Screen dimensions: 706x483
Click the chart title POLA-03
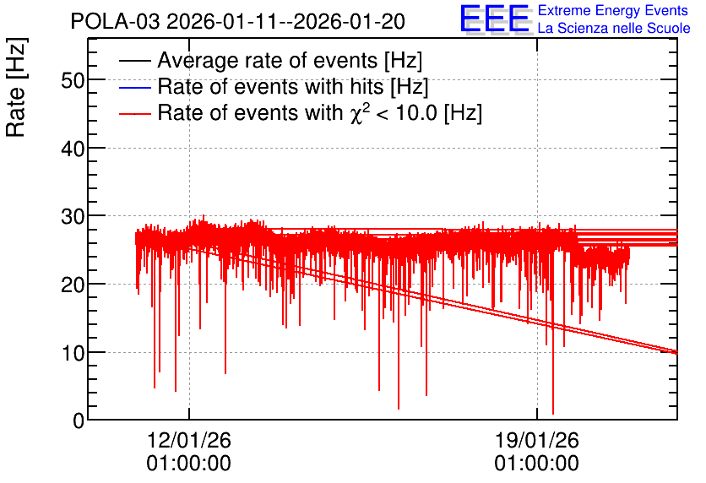pyautogui.click(x=115, y=21)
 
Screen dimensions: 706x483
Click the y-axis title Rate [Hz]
pyautogui.click(x=16, y=87)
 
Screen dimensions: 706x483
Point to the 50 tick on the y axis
pyautogui.click(x=73, y=81)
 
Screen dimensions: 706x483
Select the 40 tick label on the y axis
pyautogui.click(x=73, y=149)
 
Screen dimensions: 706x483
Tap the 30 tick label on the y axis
pyautogui.click(x=73, y=217)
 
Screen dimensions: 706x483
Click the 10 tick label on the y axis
pyautogui.click(x=73, y=353)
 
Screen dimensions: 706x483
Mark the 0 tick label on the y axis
pyautogui.click(x=79, y=421)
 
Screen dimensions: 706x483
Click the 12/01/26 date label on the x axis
pyautogui.click(x=188, y=440)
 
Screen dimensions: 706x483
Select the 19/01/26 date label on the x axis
pyautogui.click(x=537, y=440)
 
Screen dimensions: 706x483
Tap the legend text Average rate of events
pyautogui.click(x=268, y=61)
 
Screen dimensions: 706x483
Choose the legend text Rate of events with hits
pyautogui.click(x=270, y=86)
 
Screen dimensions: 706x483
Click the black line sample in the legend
pyautogui.click(x=134, y=61)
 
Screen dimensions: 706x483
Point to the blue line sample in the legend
pyautogui.click(x=134, y=87)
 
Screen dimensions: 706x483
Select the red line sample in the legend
pyautogui.click(x=134, y=114)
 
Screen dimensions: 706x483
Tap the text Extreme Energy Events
pyautogui.click(x=613, y=10)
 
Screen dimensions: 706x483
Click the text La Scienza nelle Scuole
pyautogui.click(x=614, y=28)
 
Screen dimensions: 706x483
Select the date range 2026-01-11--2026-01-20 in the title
pyautogui.click(x=286, y=21)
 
